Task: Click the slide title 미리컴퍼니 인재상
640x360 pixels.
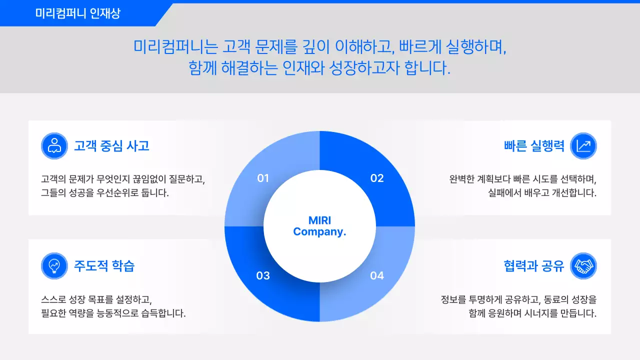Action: coord(77,13)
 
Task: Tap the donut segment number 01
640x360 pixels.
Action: coord(263,178)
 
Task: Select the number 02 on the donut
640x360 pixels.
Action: coord(376,178)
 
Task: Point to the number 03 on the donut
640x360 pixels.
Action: coord(263,275)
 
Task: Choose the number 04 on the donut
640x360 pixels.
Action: coord(376,275)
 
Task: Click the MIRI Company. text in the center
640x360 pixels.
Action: coord(319,226)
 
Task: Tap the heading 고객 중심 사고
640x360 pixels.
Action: coord(111,145)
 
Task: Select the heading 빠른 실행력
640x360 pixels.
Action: coord(534,145)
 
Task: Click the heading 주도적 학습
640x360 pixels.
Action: coord(104,265)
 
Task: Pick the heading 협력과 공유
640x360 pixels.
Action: coord(534,265)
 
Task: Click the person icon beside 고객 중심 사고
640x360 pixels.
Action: coord(54,145)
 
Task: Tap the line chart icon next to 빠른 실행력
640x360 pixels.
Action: coord(583,145)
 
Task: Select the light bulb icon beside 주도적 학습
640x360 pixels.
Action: coord(54,265)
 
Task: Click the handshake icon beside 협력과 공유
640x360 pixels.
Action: coord(583,265)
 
